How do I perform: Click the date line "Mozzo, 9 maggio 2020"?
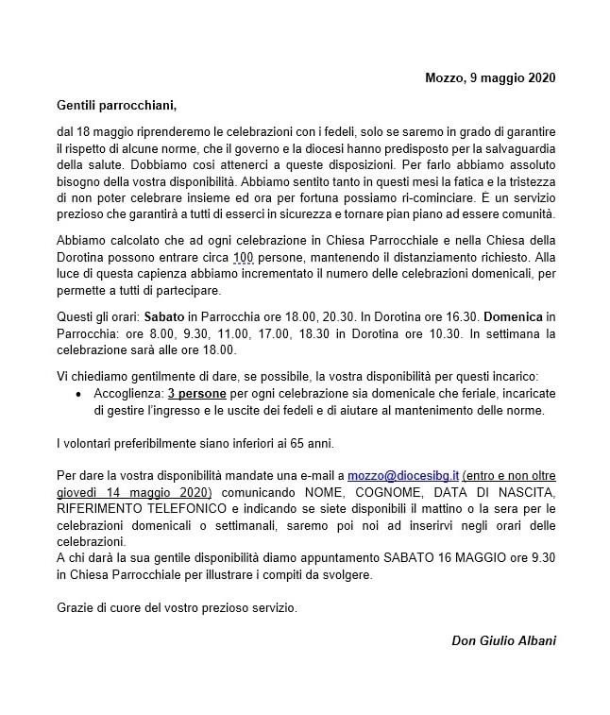point(490,77)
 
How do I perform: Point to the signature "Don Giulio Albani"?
point(504,641)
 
